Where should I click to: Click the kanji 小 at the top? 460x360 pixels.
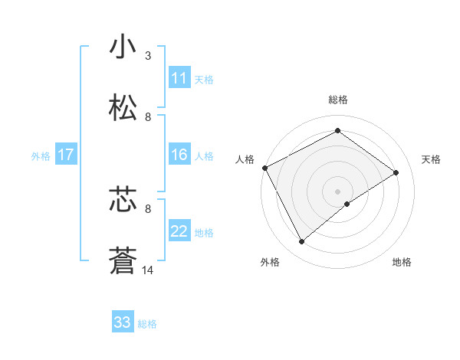tap(123, 47)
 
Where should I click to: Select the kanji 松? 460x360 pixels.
tap(123, 107)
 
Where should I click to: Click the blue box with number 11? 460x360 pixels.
tap(179, 78)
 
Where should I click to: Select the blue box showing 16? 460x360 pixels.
tap(179, 155)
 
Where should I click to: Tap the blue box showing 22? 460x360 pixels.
tap(179, 231)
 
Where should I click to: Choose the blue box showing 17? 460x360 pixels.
tap(66, 155)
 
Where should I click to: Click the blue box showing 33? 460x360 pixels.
tap(123, 322)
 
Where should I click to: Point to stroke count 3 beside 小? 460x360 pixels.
tap(147, 56)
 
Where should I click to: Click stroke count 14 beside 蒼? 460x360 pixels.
tap(148, 269)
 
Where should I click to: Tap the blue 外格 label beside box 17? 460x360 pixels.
tap(40, 155)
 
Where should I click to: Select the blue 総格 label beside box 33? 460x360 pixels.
tap(147, 323)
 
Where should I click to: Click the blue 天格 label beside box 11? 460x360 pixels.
tap(204, 79)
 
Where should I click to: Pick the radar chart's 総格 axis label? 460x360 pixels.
tap(337, 100)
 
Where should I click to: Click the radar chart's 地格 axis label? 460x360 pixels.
tap(402, 262)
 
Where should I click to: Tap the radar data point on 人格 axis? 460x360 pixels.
tap(264, 168)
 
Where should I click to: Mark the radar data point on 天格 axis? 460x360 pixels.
tap(396, 172)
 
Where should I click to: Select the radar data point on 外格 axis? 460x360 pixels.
tap(302, 242)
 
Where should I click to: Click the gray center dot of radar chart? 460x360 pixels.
tap(337, 191)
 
